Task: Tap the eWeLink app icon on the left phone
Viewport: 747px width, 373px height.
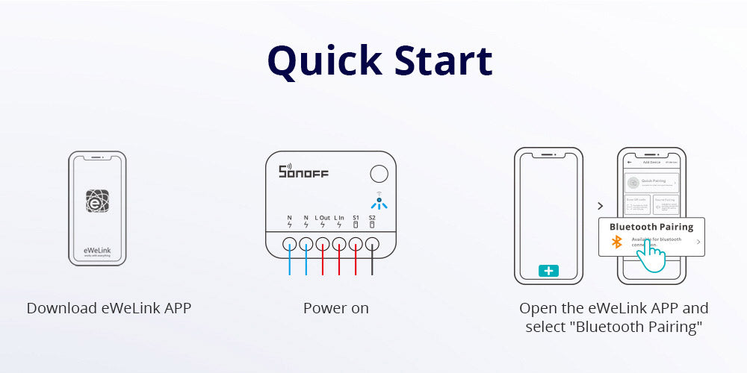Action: tap(97, 202)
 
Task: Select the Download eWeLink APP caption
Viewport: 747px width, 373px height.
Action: tap(109, 308)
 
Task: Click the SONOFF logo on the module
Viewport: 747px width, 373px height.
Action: tap(303, 172)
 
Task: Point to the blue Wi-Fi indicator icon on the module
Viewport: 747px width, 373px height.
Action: tap(379, 204)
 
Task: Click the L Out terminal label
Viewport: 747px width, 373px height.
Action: tap(322, 218)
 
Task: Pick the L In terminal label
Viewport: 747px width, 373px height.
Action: tap(339, 218)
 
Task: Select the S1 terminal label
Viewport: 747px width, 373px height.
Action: tap(356, 218)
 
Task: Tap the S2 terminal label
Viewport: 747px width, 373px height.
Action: tap(372, 218)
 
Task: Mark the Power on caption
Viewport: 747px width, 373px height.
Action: tap(335, 308)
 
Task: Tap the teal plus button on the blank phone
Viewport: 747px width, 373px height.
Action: tap(549, 271)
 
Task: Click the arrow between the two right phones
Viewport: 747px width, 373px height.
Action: tap(600, 205)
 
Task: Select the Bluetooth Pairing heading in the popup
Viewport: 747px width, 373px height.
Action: tap(651, 227)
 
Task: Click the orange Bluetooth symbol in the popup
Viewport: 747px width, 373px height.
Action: tap(617, 242)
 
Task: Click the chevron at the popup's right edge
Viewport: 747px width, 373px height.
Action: tap(698, 242)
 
